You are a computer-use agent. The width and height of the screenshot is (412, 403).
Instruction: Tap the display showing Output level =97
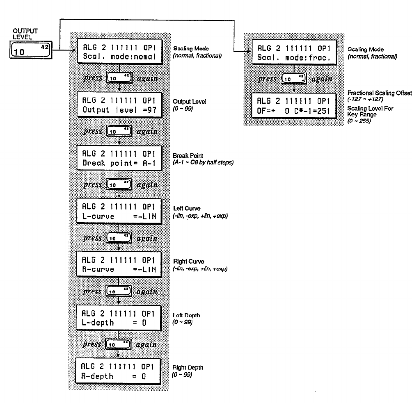click(x=118, y=105)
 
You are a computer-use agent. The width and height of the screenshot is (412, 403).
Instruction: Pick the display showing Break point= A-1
click(x=118, y=158)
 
